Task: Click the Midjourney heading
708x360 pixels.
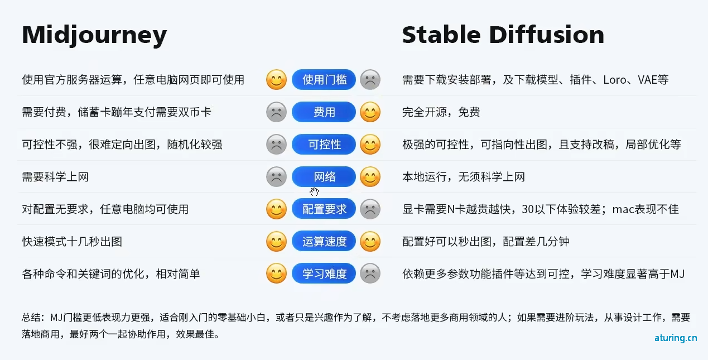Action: click(x=94, y=35)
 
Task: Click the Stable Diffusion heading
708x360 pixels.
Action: click(x=503, y=35)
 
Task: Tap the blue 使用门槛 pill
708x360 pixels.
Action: click(x=324, y=80)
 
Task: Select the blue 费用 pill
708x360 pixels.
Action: click(x=324, y=112)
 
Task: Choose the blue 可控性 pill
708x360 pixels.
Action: click(x=324, y=145)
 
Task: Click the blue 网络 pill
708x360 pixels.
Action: click(x=324, y=177)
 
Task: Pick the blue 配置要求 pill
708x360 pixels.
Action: click(x=324, y=209)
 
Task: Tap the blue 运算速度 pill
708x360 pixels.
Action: click(x=324, y=242)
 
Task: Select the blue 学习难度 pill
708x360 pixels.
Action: click(x=324, y=273)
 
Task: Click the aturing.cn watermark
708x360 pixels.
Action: click(x=676, y=338)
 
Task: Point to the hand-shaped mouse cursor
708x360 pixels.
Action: click(x=314, y=191)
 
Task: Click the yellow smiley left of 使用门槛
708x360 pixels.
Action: click(x=276, y=80)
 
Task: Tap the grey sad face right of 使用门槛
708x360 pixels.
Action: click(x=370, y=80)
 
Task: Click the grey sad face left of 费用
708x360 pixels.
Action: click(x=276, y=112)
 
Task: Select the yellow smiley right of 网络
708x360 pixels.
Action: click(x=370, y=177)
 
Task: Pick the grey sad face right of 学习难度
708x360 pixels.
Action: click(x=370, y=273)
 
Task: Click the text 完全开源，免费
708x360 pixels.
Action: click(x=441, y=112)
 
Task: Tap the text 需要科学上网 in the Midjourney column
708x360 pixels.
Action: click(x=55, y=177)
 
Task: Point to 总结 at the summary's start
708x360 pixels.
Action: click(x=31, y=317)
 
